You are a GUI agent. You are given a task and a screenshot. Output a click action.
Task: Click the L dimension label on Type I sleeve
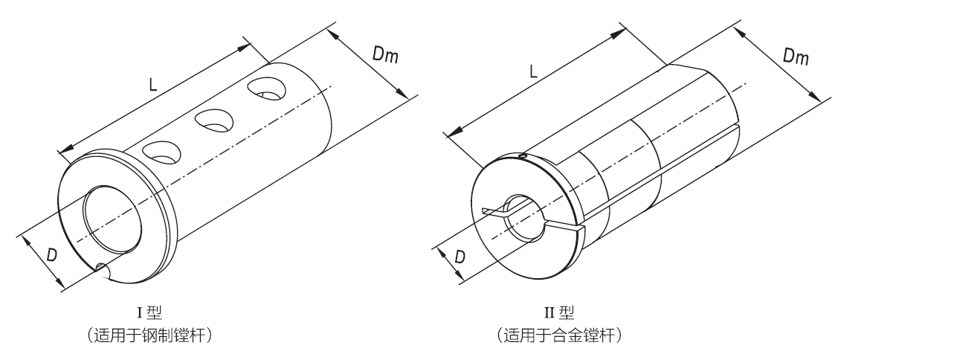pos(152,85)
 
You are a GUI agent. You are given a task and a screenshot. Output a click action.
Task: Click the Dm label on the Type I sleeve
pos(382,54)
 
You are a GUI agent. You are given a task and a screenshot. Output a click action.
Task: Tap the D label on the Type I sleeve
pos(52,254)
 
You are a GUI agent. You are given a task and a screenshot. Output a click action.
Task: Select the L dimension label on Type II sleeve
pos(533,71)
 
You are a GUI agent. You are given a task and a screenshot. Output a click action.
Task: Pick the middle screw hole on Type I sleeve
pos(213,119)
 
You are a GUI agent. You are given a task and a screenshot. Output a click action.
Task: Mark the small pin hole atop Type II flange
pos(523,155)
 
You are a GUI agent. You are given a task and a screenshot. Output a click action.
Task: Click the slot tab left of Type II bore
pos(493,212)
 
